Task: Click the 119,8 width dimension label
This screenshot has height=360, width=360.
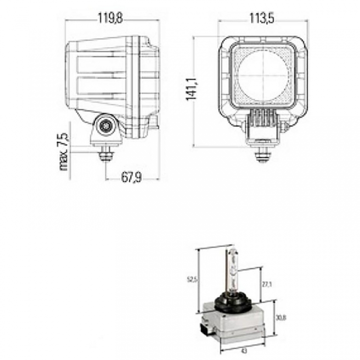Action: [x=111, y=19]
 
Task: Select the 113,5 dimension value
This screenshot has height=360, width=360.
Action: [x=262, y=18]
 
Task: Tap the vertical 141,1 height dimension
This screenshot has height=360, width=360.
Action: [x=191, y=89]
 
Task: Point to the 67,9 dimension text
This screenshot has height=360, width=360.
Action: [x=131, y=177]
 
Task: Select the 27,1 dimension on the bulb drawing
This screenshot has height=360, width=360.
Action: [x=267, y=285]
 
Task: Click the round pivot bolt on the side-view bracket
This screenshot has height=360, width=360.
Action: [x=105, y=125]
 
